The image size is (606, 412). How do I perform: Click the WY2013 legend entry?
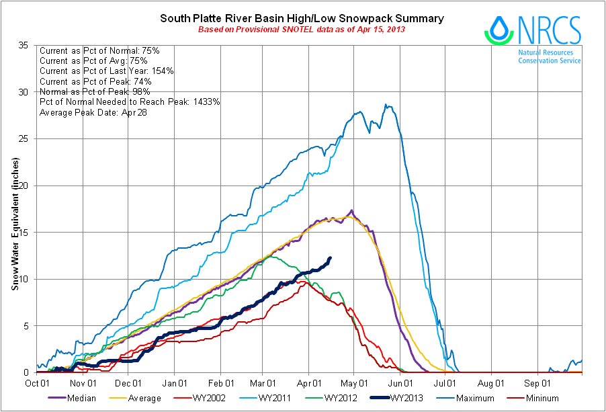406,399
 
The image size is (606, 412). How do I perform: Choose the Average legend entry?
144,399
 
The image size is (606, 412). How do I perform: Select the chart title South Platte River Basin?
302,19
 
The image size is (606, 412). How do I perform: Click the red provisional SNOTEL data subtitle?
302,30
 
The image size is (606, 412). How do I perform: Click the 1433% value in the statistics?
206,101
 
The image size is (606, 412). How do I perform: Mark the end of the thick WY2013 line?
330,258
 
